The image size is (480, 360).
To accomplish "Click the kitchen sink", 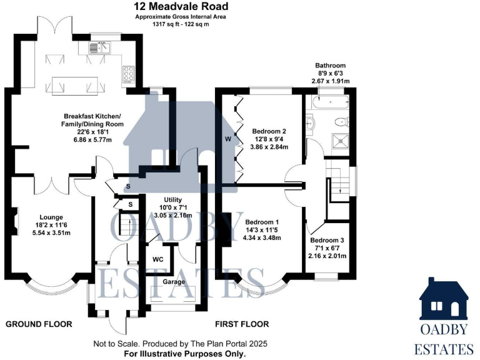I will click(x=100, y=46).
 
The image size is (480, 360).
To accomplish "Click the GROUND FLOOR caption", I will click(x=39, y=324).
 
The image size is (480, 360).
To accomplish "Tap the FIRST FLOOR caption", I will click(x=242, y=324).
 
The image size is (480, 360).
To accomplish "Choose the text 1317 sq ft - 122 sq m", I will click(x=181, y=24).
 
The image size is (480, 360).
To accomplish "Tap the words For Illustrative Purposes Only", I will click(x=173, y=354).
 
